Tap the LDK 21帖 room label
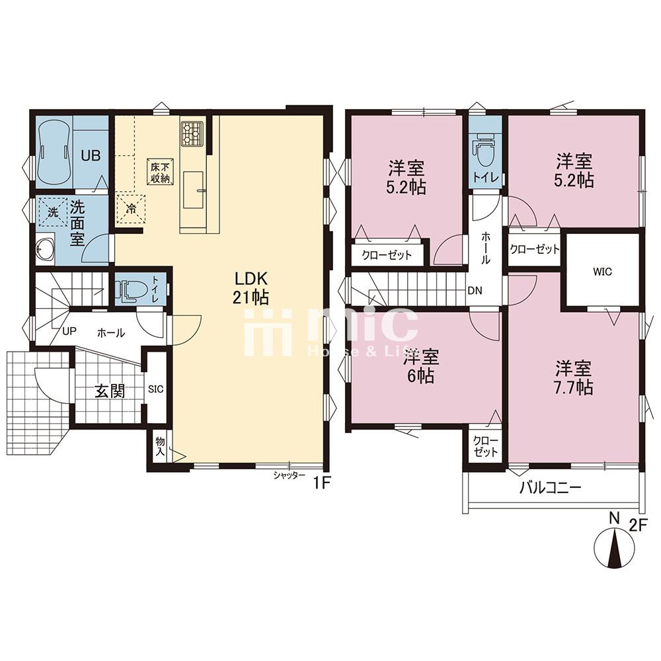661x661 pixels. point(249,287)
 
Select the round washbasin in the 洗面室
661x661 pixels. point(46,250)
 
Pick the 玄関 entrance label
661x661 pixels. point(109,390)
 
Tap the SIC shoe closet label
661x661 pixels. point(156,389)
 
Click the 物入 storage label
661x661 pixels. point(159,447)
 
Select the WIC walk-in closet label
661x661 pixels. point(602,269)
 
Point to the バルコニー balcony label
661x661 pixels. point(549,488)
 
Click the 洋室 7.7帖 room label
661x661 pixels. point(573,377)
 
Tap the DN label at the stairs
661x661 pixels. point(474,290)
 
